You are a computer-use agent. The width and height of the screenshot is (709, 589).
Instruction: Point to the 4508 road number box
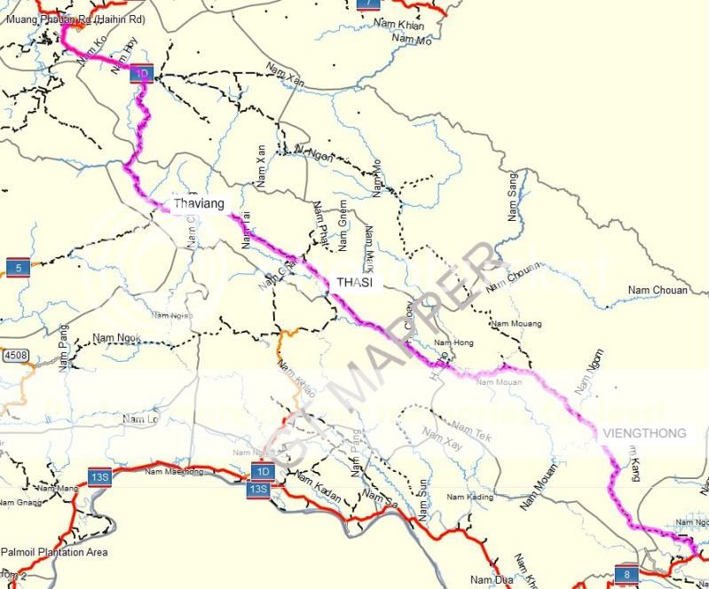click(15, 356)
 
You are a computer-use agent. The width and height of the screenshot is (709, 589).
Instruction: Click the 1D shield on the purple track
click(142, 73)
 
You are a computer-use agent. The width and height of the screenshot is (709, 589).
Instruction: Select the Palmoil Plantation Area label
click(54, 552)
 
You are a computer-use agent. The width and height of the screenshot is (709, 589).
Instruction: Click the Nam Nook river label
click(117, 338)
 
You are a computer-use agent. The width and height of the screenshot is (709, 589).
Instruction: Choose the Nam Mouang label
click(516, 324)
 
